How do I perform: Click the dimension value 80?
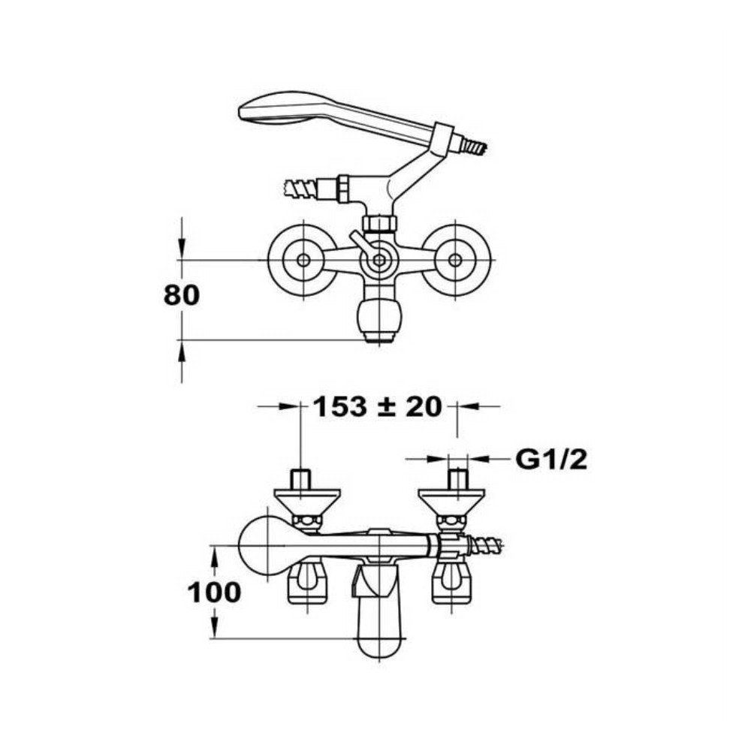click(182, 295)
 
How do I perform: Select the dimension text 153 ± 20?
click(378, 406)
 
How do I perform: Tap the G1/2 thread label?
click(551, 460)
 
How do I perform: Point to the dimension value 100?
click(214, 593)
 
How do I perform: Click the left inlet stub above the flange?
click(301, 479)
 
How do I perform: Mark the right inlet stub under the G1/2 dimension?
click(457, 479)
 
